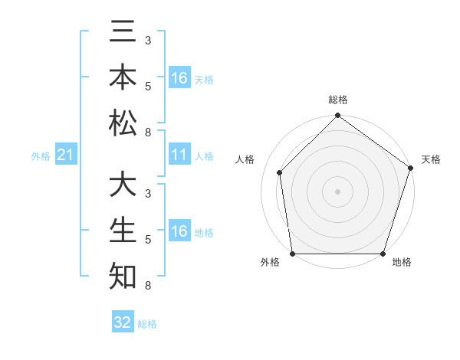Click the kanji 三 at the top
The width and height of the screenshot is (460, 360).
(x=123, y=34)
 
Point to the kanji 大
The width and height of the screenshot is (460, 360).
(x=123, y=186)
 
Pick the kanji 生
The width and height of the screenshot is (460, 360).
(x=123, y=231)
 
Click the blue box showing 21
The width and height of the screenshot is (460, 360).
(x=66, y=155)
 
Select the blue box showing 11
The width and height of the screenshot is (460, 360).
(x=179, y=155)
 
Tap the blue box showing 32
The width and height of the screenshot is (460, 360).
(x=123, y=322)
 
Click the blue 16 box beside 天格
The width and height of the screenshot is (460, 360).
(x=179, y=78)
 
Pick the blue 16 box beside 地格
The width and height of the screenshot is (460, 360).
(x=179, y=231)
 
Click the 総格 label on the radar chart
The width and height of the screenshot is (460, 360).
(x=337, y=100)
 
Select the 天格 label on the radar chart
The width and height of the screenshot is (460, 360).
(x=431, y=159)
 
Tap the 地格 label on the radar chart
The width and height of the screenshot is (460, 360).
(x=401, y=263)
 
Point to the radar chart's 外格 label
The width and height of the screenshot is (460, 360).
(x=270, y=263)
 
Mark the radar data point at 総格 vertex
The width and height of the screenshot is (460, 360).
(x=337, y=116)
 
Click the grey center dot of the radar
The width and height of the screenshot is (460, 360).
(x=337, y=191)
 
